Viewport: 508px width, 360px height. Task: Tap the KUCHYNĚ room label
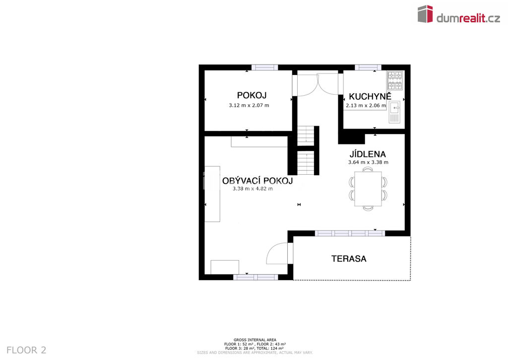(x=370, y=96)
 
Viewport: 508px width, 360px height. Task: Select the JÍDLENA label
(x=368, y=154)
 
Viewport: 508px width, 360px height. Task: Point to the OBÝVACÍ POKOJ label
(x=257, y=181)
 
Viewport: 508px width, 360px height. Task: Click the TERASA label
(x=349, y=259)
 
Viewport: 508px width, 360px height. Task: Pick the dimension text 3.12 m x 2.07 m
(x=249, y=105)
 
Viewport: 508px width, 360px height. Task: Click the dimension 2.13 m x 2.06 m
(x=366, y=105)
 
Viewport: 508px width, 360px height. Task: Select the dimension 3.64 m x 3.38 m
(x=368, y=162)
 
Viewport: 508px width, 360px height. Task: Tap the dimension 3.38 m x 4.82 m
(x=253, y=188)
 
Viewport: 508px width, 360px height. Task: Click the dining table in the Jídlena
(x=368, y=189)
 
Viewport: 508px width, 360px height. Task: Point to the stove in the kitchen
(x=395, y=80)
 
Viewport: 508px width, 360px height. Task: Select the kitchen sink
(x=394, y=112)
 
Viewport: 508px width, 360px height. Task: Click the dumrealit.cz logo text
(x=468, y=18)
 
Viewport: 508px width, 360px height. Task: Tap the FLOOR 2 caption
(x=26, y=350)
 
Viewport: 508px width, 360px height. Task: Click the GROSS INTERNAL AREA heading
(x=255, y=340)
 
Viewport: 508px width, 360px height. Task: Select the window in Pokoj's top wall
(x=265, y=68)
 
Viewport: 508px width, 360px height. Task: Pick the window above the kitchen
(x=368, y=68)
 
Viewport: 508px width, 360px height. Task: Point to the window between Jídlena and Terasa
(x=350, y=233)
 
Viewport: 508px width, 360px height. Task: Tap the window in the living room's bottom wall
(x=255, y=277)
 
